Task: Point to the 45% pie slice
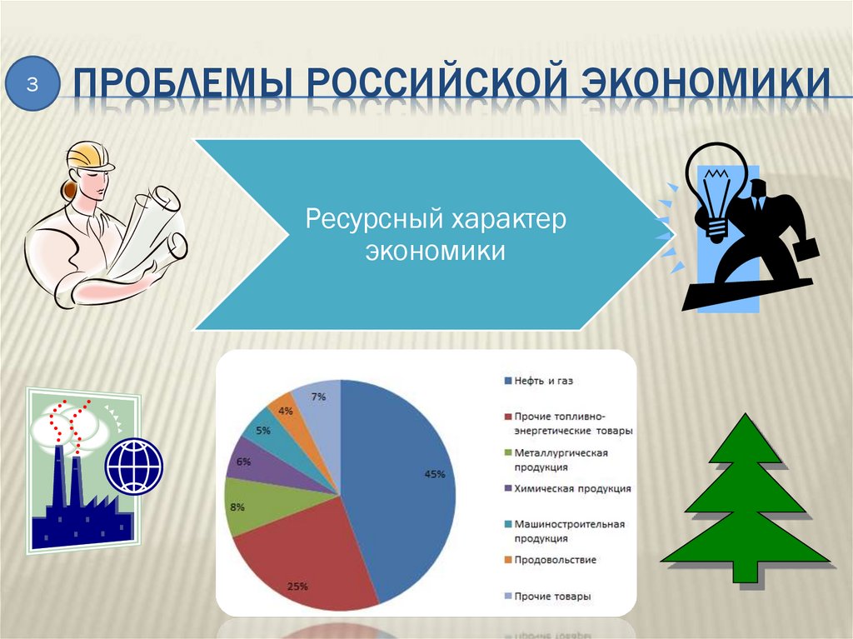(x=408, y=483)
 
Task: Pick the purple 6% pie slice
(x=250, y=467)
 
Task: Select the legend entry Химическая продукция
(x=567, y=489)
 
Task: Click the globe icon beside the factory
(x=134, y=465)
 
